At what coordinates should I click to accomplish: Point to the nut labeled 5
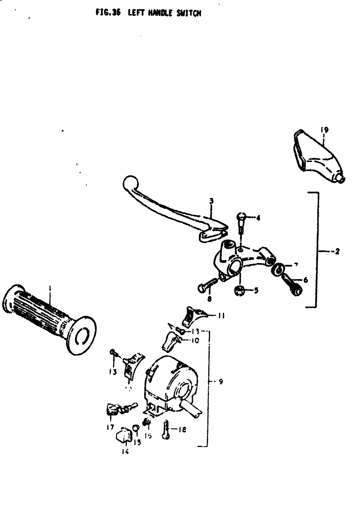click(x=239, y=290)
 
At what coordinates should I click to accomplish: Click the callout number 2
click(x=337, y=252)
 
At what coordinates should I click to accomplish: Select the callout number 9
click(x=221, y=382)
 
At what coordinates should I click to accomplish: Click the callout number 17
click(x=110, y=427)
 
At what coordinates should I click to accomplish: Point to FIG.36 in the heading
click(x=108, y=13)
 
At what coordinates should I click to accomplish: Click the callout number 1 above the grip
click(x=50, y=288)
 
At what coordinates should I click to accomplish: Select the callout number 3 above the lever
click(x=212, y=201)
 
